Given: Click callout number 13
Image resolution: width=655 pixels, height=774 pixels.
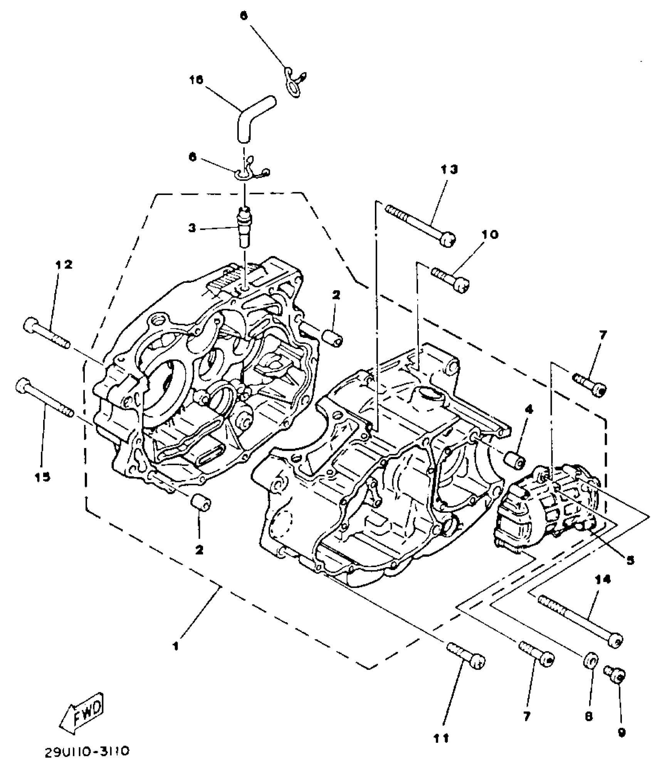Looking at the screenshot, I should [x=449, y=170].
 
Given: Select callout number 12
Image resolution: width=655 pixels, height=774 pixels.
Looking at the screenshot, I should [x=64, y=265].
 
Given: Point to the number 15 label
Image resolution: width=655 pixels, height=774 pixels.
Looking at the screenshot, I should [x=43, y=478].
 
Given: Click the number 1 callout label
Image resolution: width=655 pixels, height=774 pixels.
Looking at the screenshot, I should [x=175, y=646].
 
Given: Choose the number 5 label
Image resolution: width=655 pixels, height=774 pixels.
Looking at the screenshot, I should [x=630, y=561].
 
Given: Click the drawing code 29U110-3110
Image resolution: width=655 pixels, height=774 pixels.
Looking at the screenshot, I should [x=87, y=752].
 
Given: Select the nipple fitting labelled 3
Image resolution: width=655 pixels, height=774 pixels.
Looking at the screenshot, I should [x=245, y=227].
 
